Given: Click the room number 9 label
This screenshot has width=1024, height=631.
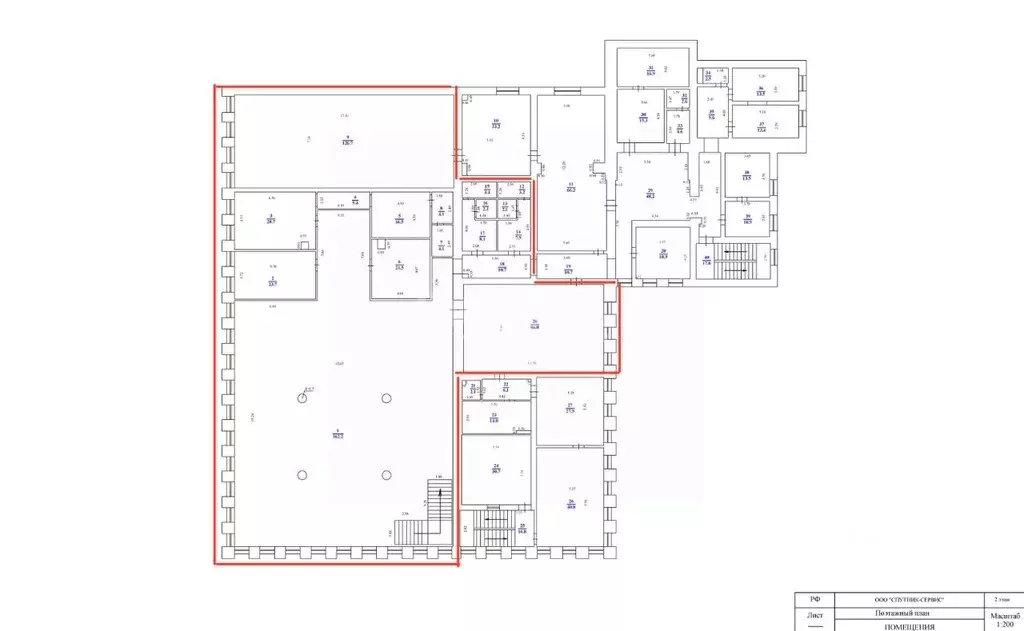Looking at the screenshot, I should (346, 141).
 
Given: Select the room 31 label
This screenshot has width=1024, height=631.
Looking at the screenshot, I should (650, 69).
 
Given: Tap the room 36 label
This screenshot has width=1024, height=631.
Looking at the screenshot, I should (761, 90).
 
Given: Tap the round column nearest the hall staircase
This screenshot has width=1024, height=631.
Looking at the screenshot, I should (386, 474).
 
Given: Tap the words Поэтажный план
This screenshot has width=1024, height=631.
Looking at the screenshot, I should (900, 613).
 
